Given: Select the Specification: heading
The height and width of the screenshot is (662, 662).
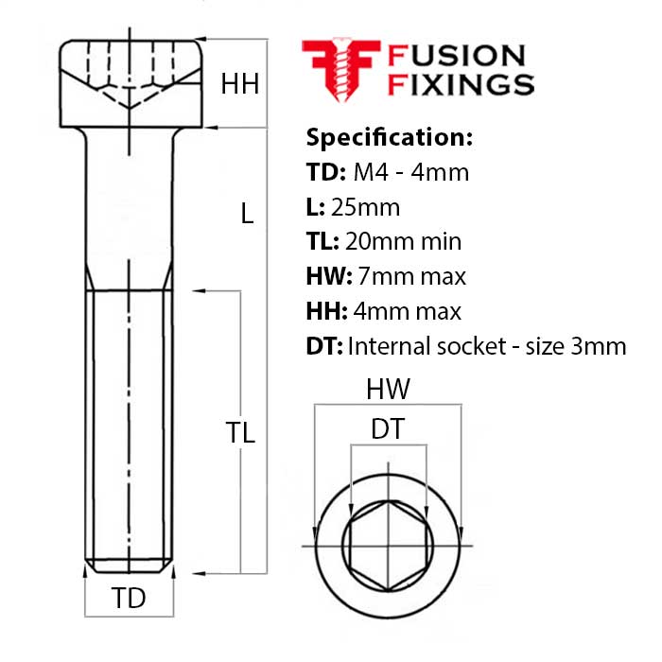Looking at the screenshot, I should click(x=388, y=137).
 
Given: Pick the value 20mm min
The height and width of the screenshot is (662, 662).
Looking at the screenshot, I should click(x=404, y=241).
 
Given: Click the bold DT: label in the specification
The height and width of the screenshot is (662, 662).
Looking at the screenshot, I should click(x=324, y=346).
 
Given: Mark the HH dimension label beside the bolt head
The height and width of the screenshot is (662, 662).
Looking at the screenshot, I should click(x=240, y=85).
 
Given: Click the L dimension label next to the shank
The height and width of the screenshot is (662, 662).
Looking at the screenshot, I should click(x=247, y=215).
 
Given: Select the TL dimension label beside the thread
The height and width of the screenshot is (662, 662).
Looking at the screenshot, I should click(x=240, y=433).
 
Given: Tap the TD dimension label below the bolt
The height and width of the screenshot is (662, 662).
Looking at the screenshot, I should click(x=129, y=599).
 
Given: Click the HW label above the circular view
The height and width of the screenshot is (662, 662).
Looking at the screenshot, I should click(x=389, y=390).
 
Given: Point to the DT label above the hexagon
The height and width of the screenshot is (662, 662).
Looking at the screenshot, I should click(x=388, y=429).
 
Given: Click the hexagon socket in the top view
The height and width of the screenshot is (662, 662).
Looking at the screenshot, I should click(x=387, y=547).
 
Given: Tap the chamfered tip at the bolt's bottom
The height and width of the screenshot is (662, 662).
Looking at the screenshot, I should click(x=128, y=566).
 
